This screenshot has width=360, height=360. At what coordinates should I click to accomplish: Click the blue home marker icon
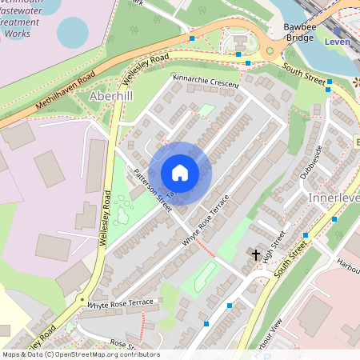coord(180,173)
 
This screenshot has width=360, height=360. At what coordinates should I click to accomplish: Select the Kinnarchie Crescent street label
coord(206,82)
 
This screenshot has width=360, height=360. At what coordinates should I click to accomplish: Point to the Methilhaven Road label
coord(66,90)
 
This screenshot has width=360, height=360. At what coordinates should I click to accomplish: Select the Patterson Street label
coord(154,190)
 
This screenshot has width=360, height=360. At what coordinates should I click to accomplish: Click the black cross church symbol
coord(256,255)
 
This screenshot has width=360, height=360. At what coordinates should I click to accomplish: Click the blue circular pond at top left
coord(73,32)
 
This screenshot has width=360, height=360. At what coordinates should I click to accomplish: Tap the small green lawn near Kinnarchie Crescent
coord(206,110)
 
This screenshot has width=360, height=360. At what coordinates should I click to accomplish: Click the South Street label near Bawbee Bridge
coord(305,74)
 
